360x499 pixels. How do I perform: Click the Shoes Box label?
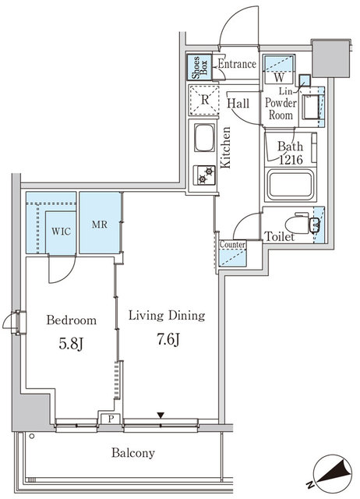tap(199, 68)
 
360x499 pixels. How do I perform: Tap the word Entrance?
tap(237, 64)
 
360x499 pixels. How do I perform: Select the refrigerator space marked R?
tap(204, 100)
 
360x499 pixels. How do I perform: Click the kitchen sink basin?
tap(204, 138)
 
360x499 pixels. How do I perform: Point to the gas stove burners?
tap(206, 175)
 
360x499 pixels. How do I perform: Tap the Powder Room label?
tap(281, 108)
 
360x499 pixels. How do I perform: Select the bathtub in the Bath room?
tap(291, 185)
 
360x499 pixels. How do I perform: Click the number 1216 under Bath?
tap(291, 159)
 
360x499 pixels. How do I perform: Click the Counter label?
tap(232, 245)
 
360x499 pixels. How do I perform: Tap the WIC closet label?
tap(61, 232)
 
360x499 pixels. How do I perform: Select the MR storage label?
tap(100, 225)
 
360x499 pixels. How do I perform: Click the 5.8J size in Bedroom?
tap(71, 343)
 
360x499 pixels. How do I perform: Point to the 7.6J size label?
tap(168, 340)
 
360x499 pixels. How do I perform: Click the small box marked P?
tap(110, 419)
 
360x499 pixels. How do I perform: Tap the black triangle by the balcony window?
tap(161, 416)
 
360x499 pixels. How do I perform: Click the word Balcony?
tap(133, 453)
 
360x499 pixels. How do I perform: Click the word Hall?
tap(238, 104)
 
